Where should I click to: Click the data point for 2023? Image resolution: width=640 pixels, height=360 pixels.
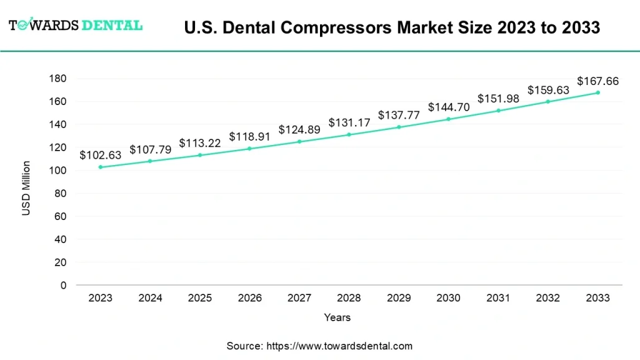point(101,167)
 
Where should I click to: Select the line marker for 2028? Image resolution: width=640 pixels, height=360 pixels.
point(349,134)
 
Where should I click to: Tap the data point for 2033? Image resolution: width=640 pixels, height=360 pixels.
point(597,92)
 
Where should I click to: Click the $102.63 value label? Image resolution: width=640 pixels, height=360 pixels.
point(101,155)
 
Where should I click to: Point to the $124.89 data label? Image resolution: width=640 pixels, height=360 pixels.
point(299,129)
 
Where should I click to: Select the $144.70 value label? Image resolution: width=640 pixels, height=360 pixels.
point(449,107)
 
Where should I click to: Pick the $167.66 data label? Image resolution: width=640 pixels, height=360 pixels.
point(597,81)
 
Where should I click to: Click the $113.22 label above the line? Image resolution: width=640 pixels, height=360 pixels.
point(200,143)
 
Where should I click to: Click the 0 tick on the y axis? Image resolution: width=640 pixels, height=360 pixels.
point(63,286)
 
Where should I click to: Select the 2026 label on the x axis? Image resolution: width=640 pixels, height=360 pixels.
point(250,298)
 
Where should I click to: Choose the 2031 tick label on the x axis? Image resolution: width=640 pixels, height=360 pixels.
point(498,298)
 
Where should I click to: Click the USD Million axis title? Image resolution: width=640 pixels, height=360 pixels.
point(26,188)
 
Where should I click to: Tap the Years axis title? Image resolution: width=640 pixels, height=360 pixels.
point(337,317)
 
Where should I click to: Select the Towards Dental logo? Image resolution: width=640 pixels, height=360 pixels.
point(75,25)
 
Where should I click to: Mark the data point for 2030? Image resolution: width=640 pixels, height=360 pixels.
point(449,119)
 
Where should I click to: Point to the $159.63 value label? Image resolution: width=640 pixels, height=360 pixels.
point(548,90)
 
